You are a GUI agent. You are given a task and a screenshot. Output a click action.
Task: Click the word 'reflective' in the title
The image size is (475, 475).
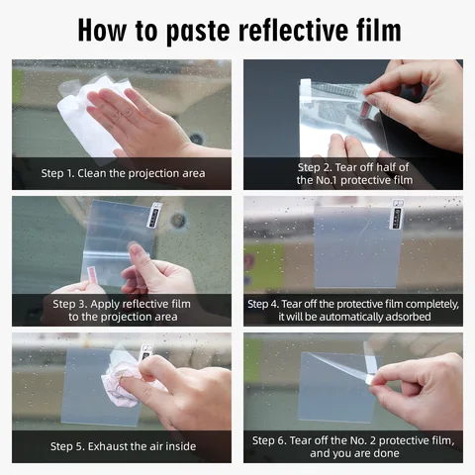293,30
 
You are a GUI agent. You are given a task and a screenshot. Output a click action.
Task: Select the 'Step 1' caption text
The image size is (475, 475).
123,173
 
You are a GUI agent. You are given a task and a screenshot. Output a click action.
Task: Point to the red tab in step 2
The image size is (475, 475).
366,109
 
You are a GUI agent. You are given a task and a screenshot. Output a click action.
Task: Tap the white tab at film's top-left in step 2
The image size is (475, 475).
306,88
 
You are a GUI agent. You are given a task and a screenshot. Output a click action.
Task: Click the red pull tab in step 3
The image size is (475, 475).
91,275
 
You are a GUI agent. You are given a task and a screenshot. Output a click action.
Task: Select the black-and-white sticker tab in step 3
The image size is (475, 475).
154,215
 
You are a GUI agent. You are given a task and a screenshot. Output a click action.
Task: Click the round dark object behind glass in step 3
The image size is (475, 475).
178,221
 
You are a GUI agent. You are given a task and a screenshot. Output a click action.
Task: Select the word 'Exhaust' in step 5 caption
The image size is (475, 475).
108,446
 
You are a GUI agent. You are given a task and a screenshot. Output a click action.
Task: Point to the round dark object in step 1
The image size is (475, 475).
197,138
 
